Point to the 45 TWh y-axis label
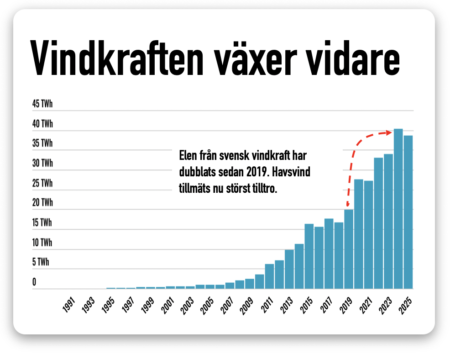(42, 104)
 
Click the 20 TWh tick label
(42, 203)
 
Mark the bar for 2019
(349, 249)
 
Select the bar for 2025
(408, 212)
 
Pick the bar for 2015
(309, 256)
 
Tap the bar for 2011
(269, 276)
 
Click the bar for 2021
(368, 235)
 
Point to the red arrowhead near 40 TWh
(389, 132)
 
